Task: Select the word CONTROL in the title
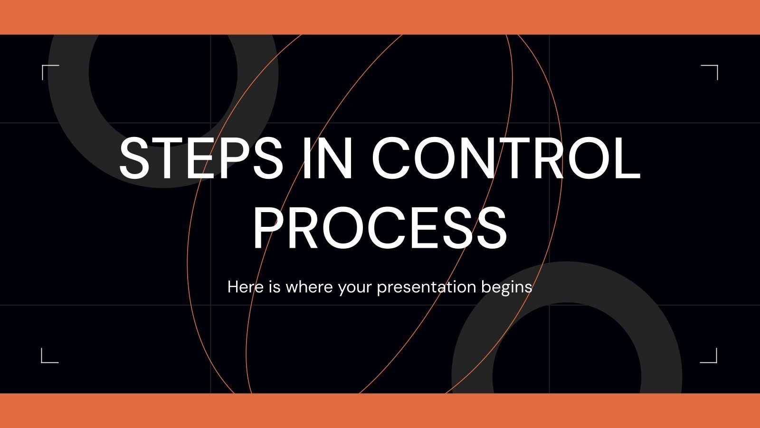click(506, 157)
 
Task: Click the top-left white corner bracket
click(49, 72)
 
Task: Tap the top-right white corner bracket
click(710, 72)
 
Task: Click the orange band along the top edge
click(380, 17)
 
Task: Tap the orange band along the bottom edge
click(380, 411)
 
